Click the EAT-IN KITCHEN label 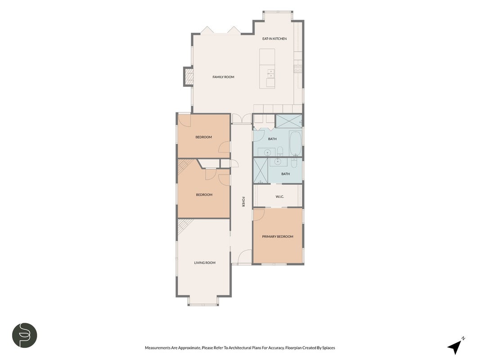274,39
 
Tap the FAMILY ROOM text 223,77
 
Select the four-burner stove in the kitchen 298,69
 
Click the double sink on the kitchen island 271,74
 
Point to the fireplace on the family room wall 188,76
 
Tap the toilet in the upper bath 280,151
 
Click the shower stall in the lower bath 261,170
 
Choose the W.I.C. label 280,197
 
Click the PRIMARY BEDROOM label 278,237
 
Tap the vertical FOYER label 243,202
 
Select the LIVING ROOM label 205,263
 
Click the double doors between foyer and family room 242,118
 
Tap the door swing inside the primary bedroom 259,214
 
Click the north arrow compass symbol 456,346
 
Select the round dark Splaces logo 24,335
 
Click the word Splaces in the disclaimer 328,348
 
